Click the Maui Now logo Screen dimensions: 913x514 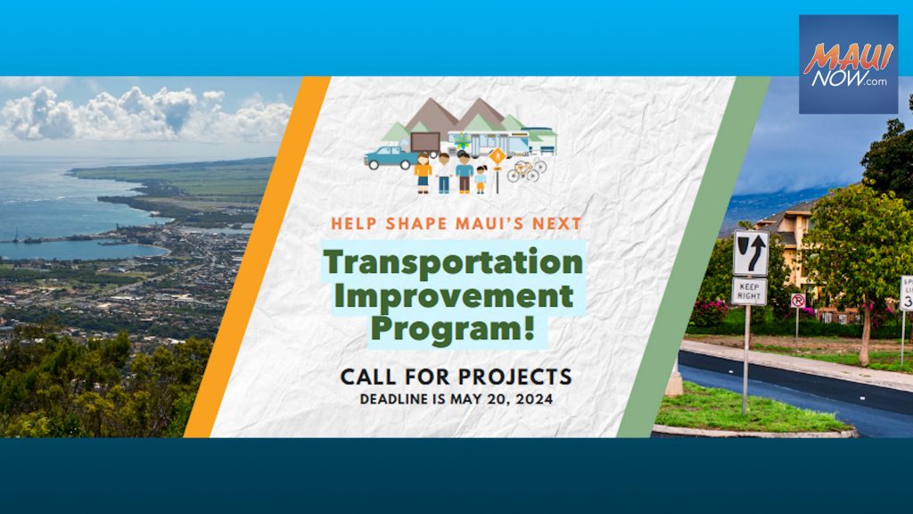click(849, 64)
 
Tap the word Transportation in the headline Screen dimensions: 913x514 click(453, 261)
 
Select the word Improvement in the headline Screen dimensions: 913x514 click(454, 295)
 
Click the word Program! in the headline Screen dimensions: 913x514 click(453, 329)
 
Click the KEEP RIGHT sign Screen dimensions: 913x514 click(749, 292)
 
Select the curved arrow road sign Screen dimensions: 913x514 click(751, 253)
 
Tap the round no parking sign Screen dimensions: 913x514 click(798, 301)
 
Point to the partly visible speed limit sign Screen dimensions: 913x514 click(907, 293)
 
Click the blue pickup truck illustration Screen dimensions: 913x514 click(391, 157)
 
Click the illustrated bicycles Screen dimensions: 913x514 click(527, 170)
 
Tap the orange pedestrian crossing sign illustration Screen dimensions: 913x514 click(498, 157)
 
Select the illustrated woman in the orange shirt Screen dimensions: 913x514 click(424, 172)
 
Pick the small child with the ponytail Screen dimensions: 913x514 click(481, 179)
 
